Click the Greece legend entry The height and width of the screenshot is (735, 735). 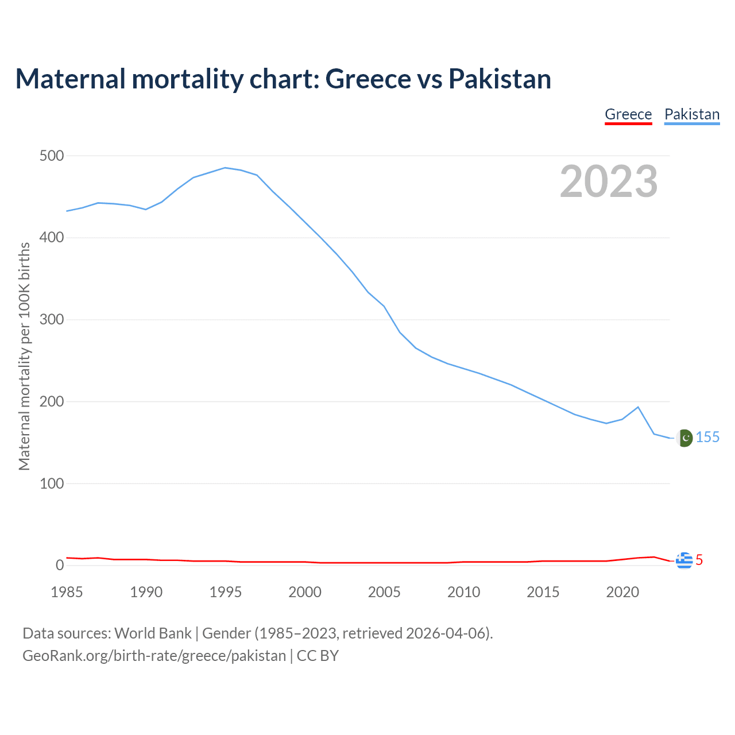click(x=628, y=114)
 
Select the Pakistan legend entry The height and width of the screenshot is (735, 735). click(x=692, y=114)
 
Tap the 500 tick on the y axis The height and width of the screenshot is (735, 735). click(x=52, y=156)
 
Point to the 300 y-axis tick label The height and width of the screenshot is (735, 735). click(x=52, y=319)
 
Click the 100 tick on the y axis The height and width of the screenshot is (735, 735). click(x=52, y=483)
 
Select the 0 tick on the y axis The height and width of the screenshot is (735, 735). click(x=60, y=565)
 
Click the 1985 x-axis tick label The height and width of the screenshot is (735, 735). click(x=67, y=592)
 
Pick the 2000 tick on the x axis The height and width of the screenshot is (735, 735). click(x=305, y=592)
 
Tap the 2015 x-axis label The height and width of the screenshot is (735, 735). click(x=543, y=592)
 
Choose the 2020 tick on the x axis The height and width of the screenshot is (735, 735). click(x=622, y=592)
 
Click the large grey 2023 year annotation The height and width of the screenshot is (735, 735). click(x=609, y=181)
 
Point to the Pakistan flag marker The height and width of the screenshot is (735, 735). click(x=684, y=438)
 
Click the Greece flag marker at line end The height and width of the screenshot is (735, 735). click(x=684, y=560)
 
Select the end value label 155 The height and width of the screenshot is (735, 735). click(x=707, y=438)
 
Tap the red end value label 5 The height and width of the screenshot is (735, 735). click(x=699, y=560)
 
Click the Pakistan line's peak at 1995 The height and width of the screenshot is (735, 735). click(x=225, y=168)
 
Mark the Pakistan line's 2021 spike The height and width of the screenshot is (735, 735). click(x=638, y=407)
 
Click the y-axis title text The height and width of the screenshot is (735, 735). click(x=24, y=356)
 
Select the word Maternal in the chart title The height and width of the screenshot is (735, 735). click(x=71, y=79)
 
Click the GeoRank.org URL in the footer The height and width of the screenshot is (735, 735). click(x=154, y=655)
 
